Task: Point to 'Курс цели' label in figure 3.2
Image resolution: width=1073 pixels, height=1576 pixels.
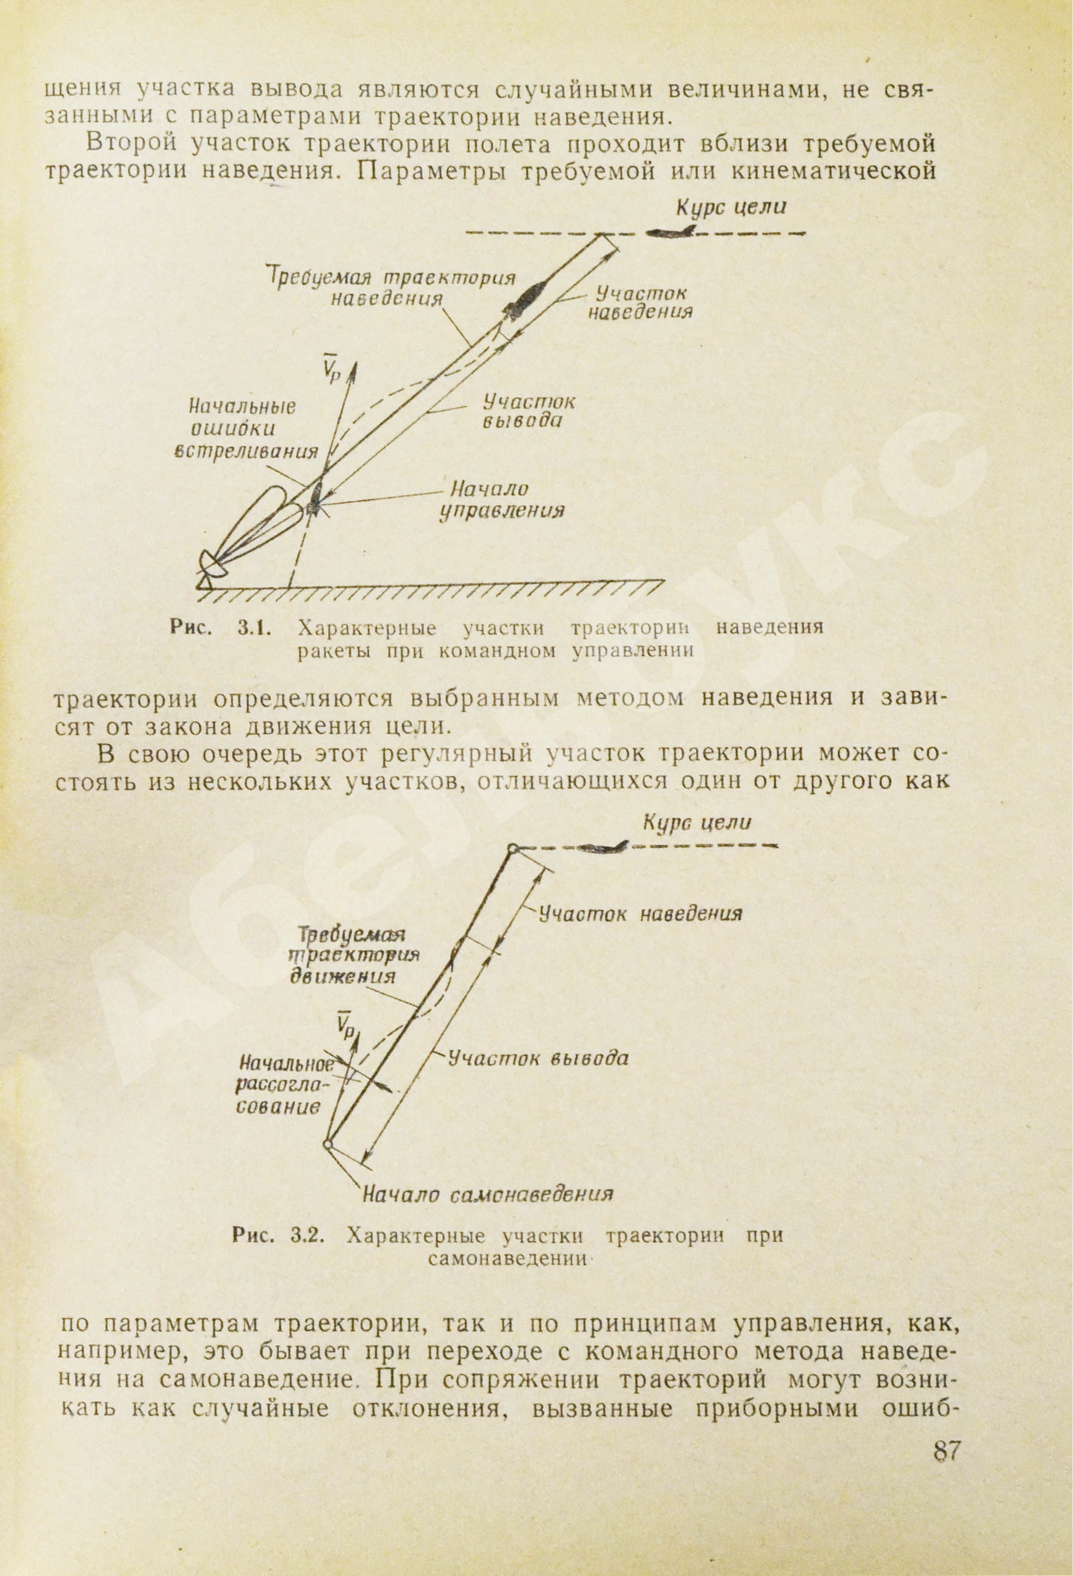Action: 697,823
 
